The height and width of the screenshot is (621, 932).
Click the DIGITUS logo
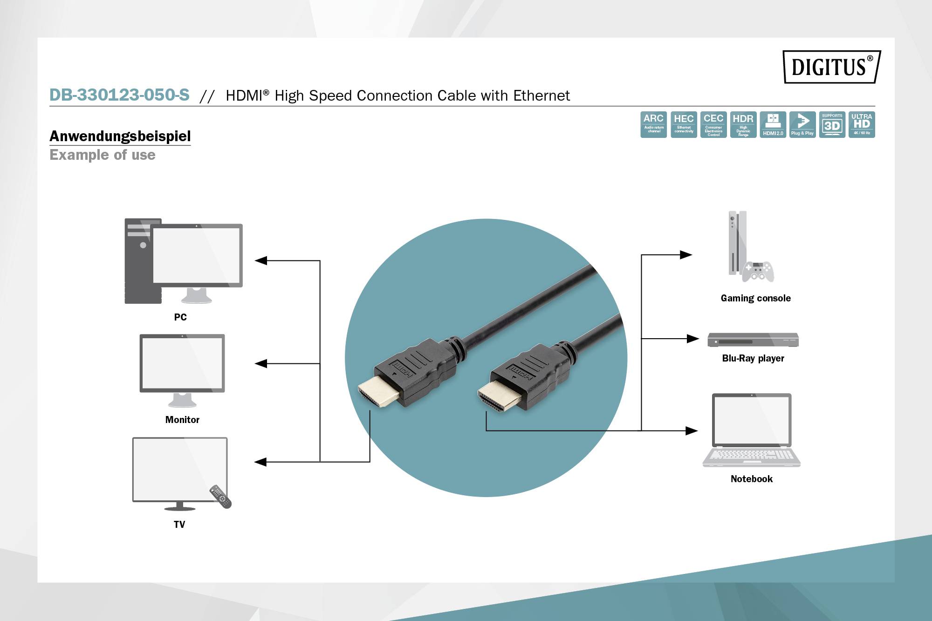[832, 67]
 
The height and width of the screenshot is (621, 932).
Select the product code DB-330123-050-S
[119, 95]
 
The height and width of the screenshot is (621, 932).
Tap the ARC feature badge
[653, 124]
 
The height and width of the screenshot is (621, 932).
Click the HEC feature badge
[684, 124]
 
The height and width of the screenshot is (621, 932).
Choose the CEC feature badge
[713, 124]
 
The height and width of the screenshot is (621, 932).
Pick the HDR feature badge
[743, 124]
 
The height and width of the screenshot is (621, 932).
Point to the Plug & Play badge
[802, 124]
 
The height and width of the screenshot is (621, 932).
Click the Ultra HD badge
[862, 124]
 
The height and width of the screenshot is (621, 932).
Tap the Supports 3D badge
[832, 124]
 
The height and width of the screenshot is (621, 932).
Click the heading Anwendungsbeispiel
[120, 136]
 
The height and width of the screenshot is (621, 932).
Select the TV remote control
[220, 497]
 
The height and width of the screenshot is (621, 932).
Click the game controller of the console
[758, 272]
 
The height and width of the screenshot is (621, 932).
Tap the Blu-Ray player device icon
[753, 340]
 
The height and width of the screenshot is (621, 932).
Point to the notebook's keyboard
[751, 455]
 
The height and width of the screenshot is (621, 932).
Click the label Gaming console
[755, 298]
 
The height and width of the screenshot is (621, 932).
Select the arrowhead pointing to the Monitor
[261, 363]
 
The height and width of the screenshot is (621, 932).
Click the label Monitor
[182, 420]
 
